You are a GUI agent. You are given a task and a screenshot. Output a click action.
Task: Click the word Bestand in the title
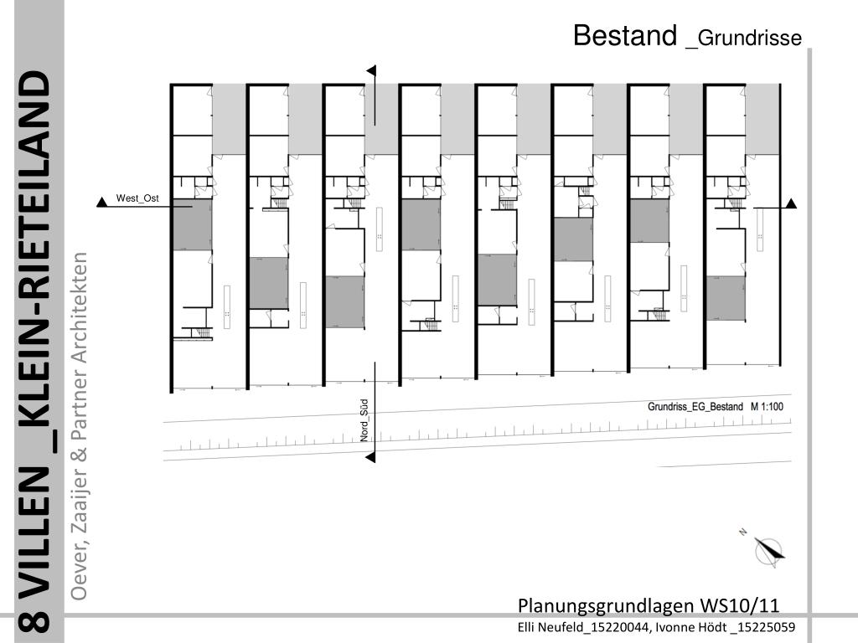(624, 35)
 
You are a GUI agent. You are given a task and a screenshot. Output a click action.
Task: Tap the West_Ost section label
(137, 198)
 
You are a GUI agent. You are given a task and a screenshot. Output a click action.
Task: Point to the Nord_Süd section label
(365, 420)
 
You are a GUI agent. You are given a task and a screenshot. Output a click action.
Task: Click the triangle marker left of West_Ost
(102, 202)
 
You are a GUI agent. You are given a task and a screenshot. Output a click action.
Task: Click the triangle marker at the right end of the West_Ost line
(790, 203)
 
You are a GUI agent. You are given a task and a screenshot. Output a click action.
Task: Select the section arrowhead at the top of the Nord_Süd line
(371, 71)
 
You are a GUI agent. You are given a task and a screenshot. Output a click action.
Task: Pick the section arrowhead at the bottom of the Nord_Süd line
(371, 456)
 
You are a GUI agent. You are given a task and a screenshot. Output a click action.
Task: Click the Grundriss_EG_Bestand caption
(695, 406)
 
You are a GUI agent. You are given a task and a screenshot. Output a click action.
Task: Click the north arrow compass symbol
(768, 551)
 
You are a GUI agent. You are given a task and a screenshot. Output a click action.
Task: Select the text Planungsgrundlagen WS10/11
(649, 605)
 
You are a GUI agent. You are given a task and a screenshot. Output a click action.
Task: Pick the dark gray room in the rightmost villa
(725, 297)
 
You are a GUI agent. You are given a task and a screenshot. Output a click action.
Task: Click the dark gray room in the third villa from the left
(344, 301)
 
